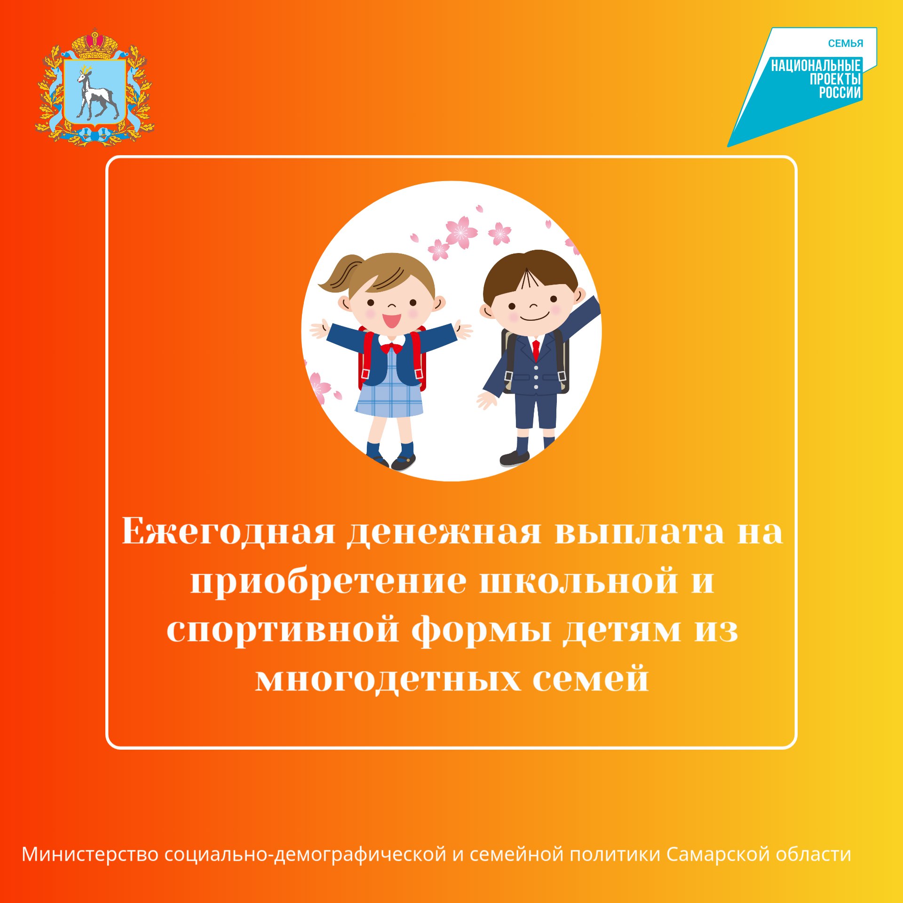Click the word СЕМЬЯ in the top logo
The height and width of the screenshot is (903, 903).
[x=846, y=44]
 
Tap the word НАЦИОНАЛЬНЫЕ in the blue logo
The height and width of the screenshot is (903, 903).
[x=816, y=65]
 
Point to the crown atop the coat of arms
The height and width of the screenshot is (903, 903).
[x=95, y=43]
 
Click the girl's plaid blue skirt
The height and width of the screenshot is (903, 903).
[x=389, y=400]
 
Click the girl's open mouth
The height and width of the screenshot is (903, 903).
[x=391, y=320]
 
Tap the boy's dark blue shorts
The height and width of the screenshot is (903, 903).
[x=536, y=410]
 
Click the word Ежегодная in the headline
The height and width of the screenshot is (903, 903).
[x=229, y=532]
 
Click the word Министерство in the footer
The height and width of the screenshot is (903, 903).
[x=90, y=854]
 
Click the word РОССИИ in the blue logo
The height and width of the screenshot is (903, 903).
[x=840, y=93]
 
